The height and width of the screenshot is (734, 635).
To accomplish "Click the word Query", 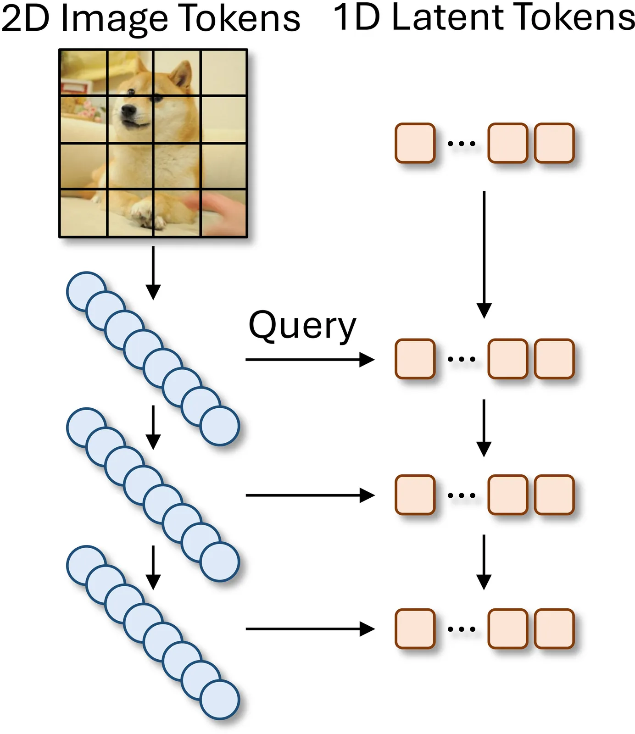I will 302,327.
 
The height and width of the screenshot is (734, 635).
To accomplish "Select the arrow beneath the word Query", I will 310,360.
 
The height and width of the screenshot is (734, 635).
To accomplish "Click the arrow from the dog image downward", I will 153,273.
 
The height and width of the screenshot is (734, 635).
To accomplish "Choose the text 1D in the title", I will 356,17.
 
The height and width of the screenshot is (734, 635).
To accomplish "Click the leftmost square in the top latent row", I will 415,143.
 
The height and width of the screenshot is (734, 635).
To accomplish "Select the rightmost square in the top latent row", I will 554,143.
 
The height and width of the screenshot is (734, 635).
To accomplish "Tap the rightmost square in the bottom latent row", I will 554,628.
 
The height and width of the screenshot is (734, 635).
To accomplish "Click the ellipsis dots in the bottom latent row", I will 461,629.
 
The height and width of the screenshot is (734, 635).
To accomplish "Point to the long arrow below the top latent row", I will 484,255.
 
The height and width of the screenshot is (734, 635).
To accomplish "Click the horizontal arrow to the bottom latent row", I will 310,629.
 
